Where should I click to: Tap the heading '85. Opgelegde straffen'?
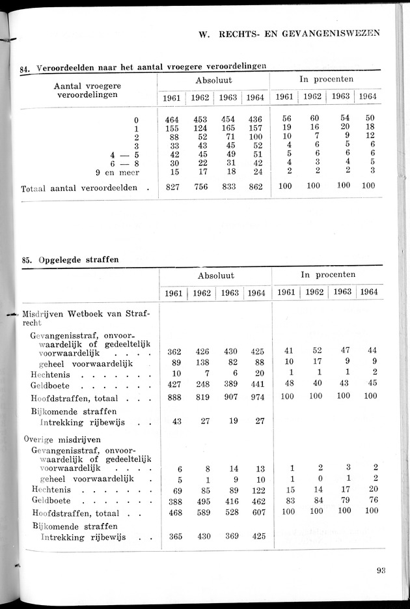point(70,259)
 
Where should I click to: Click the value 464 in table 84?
point(172,120)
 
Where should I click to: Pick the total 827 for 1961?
point(172,186)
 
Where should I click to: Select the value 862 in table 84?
point(256,186)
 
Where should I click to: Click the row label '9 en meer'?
point(118,172)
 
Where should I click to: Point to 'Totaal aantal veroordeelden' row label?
point(79,187)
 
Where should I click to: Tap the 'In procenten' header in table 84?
point(326,79)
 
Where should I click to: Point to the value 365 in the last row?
point(174,537)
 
